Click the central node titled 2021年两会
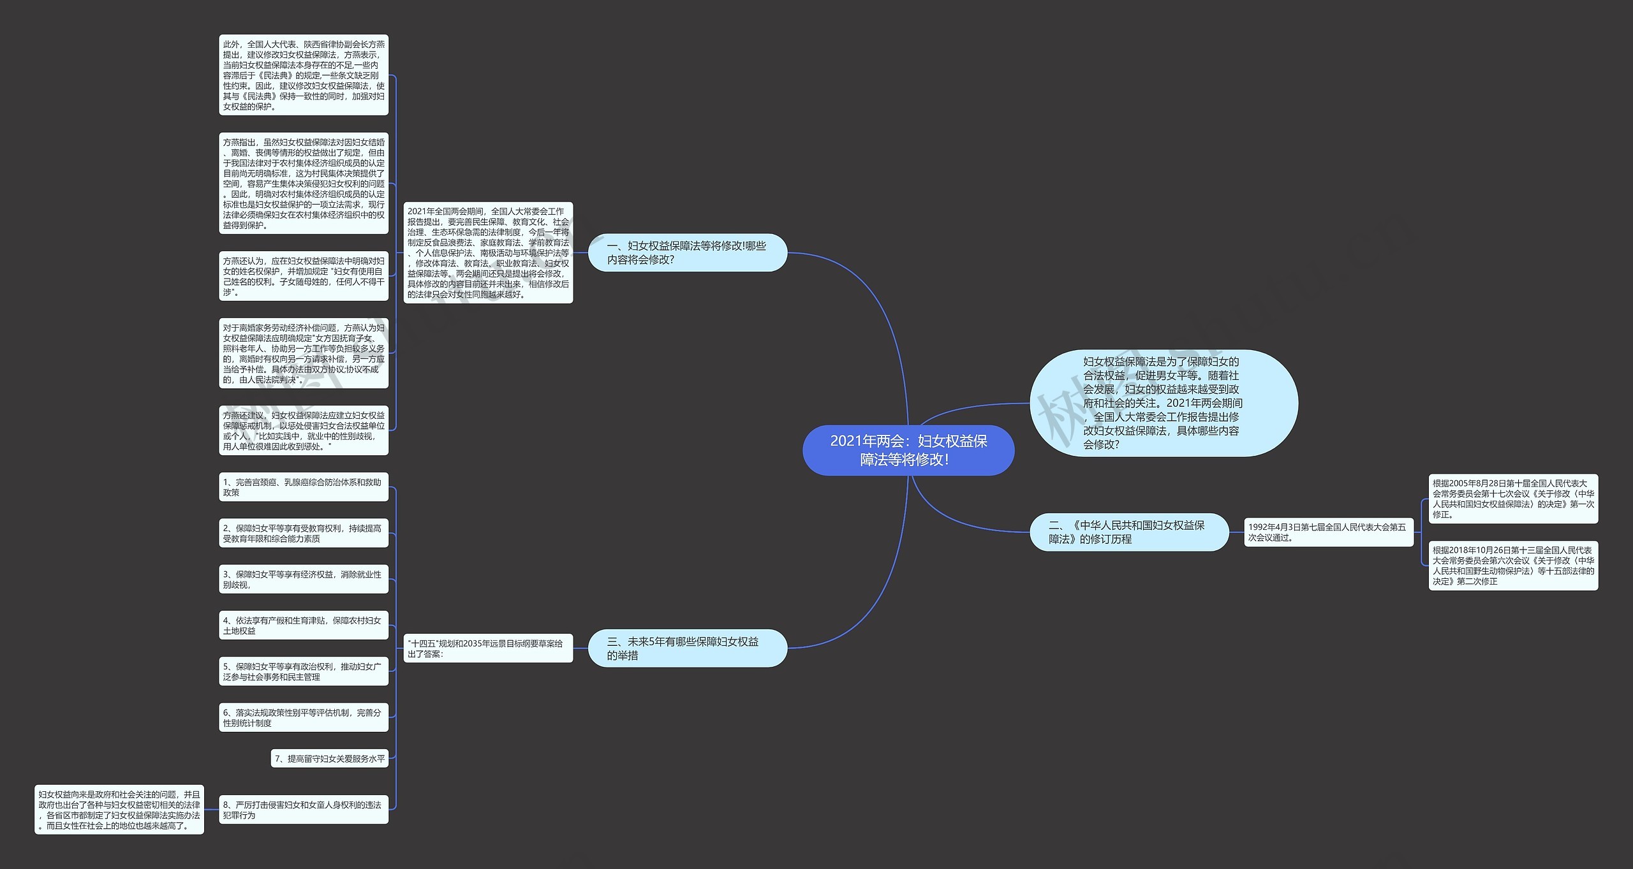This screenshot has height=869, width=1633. pos(908,450)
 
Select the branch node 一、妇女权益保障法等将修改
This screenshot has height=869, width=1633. pos(687,252)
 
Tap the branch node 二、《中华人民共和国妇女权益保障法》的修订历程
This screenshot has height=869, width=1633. pos(1128,532)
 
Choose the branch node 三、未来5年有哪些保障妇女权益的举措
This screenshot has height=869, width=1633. pos(687,648)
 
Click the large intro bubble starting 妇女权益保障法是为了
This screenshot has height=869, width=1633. pos(1163,403)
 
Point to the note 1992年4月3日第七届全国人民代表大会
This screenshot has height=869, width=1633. pos(1328,532)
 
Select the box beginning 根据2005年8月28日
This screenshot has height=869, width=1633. pos(1512,499)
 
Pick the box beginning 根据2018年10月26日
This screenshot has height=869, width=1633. pos(1512,566)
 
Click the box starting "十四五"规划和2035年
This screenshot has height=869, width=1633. pos(487,648)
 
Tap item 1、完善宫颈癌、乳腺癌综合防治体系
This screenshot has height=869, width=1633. pos(303,487)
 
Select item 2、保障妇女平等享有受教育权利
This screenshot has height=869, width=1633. pos(303,534)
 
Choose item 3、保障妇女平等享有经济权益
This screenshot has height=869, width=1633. pos(303,580)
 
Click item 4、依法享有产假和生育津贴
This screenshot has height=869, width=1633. pos(303,625)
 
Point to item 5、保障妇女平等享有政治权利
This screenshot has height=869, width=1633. pos(303,671)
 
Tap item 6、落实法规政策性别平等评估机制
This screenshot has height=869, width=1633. pos(303,718)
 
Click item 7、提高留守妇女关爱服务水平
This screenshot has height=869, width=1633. pos(329,759)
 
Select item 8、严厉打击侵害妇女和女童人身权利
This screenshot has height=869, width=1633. pos(303,810)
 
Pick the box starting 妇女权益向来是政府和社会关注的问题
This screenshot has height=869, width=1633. pos(119,810)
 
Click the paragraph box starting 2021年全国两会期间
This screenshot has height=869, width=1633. pos(487,252)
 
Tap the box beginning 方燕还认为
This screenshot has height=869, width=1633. pos(303,276)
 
